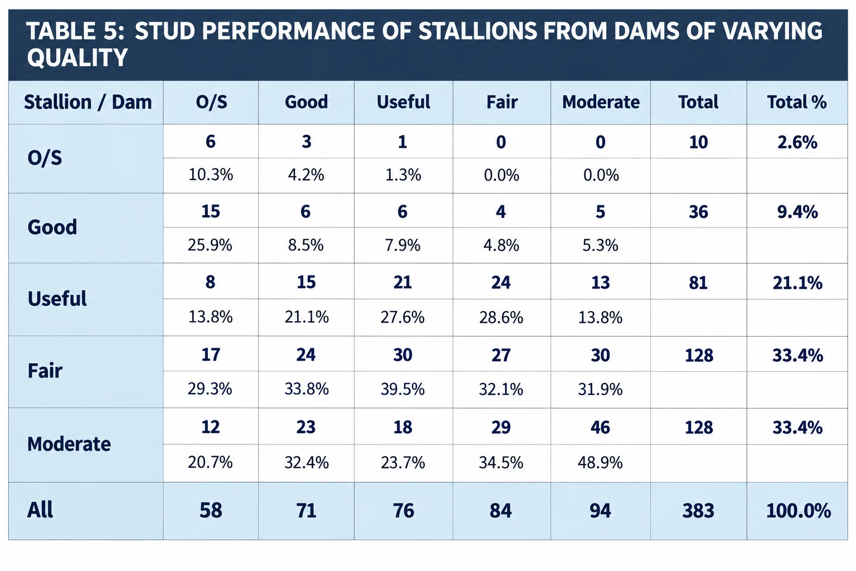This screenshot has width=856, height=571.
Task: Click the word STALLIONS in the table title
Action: (x=478, y=31)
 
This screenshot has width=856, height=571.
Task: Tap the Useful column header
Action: (x=403, y=102)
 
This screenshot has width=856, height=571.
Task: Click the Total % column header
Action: (x=797, y=102)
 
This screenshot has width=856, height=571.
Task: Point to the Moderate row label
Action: (x=69, y=444)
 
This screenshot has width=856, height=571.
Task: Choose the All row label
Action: (x=40, y=510)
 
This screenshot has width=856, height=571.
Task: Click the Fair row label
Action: (x=45, y=371)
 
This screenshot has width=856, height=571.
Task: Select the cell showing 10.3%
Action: (x=211, y=175)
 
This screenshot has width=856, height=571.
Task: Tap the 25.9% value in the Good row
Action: (x=210, y=245)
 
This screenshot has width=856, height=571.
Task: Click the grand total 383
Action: (x=698, y=511)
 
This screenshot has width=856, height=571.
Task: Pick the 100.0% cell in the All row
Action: (x=798, y=511)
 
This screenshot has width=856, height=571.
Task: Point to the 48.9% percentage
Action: (x=600, y=463)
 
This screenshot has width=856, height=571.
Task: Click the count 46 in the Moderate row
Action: (x=600, y=427)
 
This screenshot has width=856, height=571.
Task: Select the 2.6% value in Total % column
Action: (x=797, y=142)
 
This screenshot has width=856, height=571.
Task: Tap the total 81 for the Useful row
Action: (x=698, y=283)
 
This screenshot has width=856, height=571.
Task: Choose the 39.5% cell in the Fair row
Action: (x=402, y=389)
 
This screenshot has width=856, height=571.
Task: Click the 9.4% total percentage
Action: (x=797, y=212)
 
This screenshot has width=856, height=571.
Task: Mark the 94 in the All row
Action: (x=600, y=511)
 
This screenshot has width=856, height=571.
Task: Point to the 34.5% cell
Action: (x=501, y=463)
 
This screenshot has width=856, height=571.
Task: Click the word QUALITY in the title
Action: (x=77, y=58)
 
